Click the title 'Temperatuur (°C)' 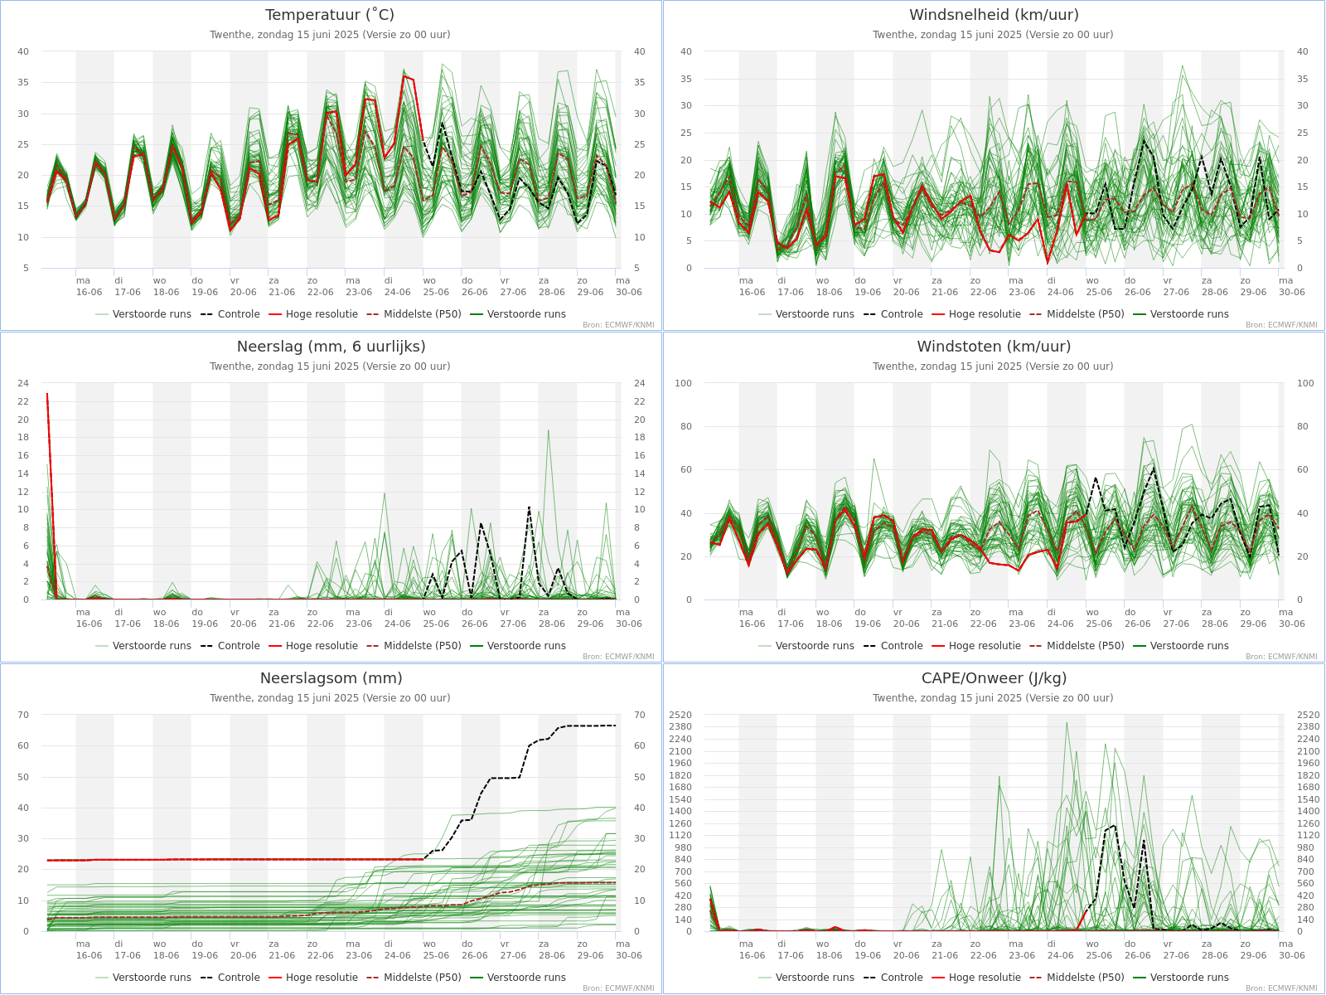click(330, 15)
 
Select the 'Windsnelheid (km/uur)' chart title click(994, 15)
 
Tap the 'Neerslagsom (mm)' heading click(331, 678)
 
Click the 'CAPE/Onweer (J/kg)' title click(994, 678)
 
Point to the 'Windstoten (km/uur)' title click(994, 347)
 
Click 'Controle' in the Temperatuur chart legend click(239, 314)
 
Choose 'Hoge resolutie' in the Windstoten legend click(985, 646)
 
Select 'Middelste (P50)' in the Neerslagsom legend click(422, 978)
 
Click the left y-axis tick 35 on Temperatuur click(23, 83)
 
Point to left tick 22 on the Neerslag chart click(23, 401)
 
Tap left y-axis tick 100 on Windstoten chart click(684, 383)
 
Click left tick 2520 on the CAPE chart click(680, 715)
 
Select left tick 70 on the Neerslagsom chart click(23, 715)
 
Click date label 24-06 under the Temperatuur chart click(398, 292)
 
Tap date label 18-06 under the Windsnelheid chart click(829, 292)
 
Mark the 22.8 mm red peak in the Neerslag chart click(47, 394)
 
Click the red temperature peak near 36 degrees click(404, 76)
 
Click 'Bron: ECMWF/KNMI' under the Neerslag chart click(618, 657)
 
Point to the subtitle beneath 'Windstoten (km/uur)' click(993, 366)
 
